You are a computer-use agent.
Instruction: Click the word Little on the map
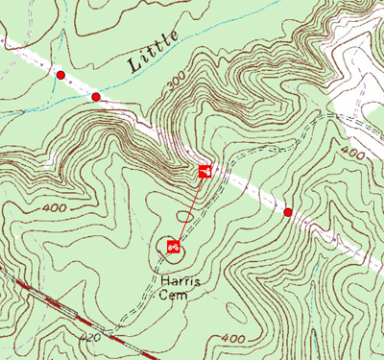(x=152, y=53)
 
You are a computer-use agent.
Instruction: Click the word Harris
(x=180, y=280)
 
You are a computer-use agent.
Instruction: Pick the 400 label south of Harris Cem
(x=232, y=339)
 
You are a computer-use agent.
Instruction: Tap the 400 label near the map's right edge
(x=352, y=154)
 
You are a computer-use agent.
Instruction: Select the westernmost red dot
(x=60, y=74)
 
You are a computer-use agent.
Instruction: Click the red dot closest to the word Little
(x=95, y=97)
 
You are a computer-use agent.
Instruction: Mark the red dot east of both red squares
(x=288, y=211)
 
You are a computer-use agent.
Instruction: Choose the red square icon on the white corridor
(x=204, y=171)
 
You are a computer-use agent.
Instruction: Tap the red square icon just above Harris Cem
(x=174, y=246)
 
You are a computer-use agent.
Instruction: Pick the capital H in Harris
(x=163, y=280)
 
